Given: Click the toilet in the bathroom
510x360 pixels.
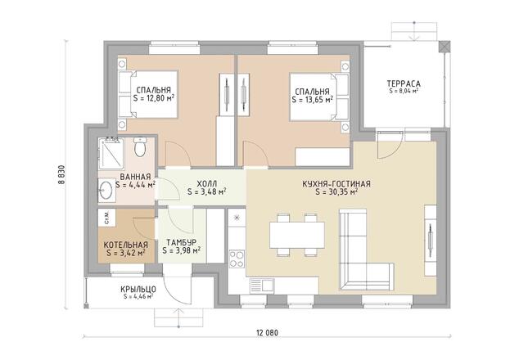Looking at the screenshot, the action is [x=140, y=147].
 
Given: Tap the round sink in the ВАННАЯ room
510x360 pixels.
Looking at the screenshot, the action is [x=106, y=191].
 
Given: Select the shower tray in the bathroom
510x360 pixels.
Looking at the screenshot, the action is [x=111, y=154].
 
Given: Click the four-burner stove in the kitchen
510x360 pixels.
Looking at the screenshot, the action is [x=237, y=259].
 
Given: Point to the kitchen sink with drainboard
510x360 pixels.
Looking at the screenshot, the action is [x=262, y=286].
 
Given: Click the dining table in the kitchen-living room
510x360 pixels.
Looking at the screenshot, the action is [x=297, y=235].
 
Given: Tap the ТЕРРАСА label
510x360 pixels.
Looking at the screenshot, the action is [x=404, y=83].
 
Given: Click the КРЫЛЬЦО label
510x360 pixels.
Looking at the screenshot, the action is [x=138, y=289].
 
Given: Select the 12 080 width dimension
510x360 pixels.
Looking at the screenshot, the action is [x=268, y=333].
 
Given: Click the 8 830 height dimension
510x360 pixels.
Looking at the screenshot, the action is [x=61, y=174].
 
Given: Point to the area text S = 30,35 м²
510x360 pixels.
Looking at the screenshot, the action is [x=336, y=192].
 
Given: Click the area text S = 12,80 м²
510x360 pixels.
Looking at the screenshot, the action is [x=153, y=98].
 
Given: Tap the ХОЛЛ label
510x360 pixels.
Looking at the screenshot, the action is [x=207, y=184].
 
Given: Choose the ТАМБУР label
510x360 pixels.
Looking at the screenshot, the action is [x=181, y=242].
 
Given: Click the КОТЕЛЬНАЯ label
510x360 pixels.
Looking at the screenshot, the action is [x=125, y=245].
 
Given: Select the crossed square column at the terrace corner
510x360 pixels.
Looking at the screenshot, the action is [x=444, y=47].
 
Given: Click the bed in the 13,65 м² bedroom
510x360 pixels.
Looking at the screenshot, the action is [x=319, y=97].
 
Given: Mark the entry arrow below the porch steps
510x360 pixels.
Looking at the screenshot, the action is [x=178, y=317].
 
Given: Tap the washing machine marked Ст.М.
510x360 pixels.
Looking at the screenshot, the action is [x=107, y=218].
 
